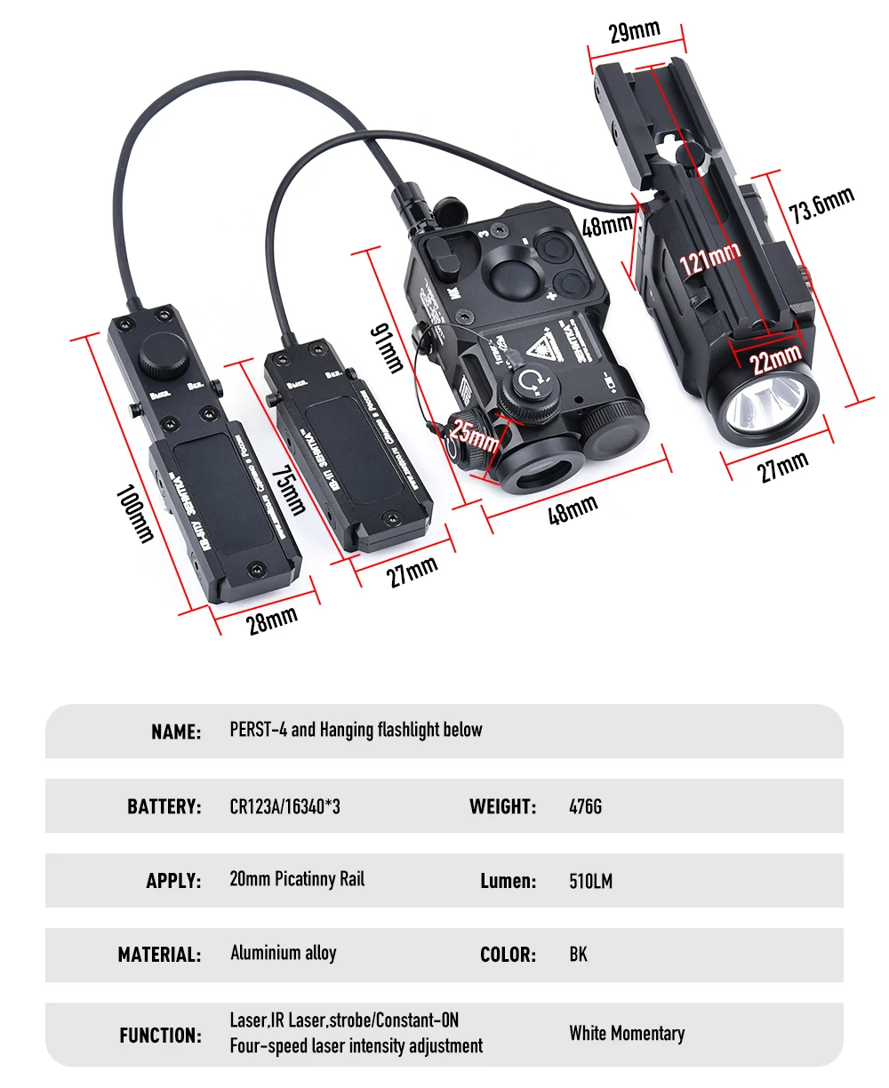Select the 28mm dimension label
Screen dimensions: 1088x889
(272, 618)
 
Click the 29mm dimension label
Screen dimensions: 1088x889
(634, 32)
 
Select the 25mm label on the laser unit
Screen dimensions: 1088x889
(474, 436)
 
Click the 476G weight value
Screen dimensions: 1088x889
(585, 806)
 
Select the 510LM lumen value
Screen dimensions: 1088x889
(590, 881)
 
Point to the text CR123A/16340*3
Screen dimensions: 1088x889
(284, 806)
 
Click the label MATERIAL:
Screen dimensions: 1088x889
(159, 955)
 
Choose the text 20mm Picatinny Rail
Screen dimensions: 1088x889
(297, 880)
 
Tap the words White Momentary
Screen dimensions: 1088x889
(627, 1033)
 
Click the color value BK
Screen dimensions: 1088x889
(578, 955)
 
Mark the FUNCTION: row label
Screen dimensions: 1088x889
(160, 1035)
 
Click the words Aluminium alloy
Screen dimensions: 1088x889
(283, 953)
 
